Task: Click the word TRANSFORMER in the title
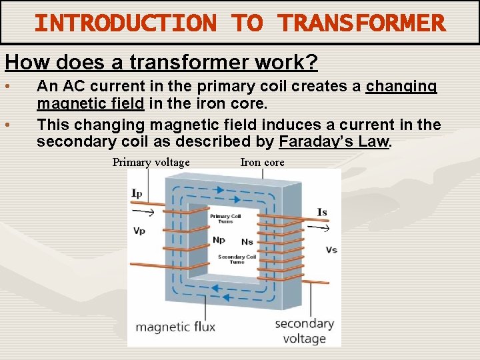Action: click(361, 23)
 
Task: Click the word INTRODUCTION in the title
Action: click(125, 23)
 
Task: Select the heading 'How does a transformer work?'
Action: click(161, 63)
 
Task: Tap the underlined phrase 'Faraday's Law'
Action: click(333, 141)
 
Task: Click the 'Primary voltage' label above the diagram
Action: click(151, 162)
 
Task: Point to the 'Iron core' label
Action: click(262, 162)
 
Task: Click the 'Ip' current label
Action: click(136, 193)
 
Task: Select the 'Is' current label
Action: click(321, 212)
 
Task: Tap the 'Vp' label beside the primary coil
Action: click(139, 231)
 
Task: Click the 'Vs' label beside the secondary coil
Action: click(331, 249)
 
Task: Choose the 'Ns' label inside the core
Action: click(247, 242)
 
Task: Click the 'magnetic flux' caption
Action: click(175, 327)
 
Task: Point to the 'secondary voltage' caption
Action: click(304, 331)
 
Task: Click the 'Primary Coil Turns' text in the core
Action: click(225, 219)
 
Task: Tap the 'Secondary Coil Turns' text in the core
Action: click(237, 259)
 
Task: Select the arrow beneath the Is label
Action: click(322, 229)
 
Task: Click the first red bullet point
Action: click(7, 87)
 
